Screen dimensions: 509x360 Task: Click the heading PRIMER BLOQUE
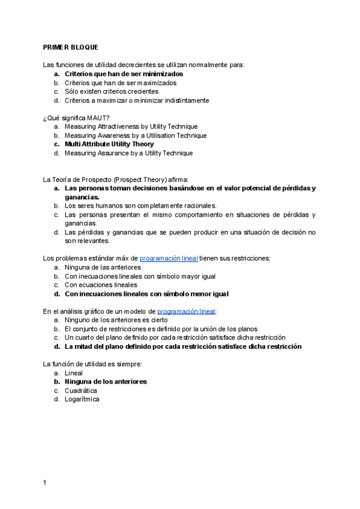[71, 47]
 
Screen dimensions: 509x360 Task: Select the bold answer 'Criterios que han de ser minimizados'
[124, 74]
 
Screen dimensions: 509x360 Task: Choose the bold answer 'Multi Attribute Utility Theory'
[109, 144]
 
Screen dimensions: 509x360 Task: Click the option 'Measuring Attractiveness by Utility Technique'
[131, 127]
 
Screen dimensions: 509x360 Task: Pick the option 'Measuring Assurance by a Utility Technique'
[128, 153]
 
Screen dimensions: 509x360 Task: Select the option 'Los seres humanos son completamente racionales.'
[140, 206]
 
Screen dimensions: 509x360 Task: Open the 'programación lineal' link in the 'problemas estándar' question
[169, 259]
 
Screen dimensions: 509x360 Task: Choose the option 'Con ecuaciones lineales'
[101, 285]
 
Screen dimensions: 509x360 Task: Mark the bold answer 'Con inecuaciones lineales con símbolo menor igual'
[146, 294]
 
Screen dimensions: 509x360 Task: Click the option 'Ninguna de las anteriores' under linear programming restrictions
[103, 268]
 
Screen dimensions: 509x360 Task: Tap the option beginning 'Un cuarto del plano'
[175, 338]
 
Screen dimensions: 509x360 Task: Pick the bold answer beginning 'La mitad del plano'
[182, 347]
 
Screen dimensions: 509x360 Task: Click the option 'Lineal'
[74, 373]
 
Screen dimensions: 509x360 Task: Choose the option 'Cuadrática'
[81, 391]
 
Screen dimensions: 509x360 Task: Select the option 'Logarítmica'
[82, 400]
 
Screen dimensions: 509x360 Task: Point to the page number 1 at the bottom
[45, 483]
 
